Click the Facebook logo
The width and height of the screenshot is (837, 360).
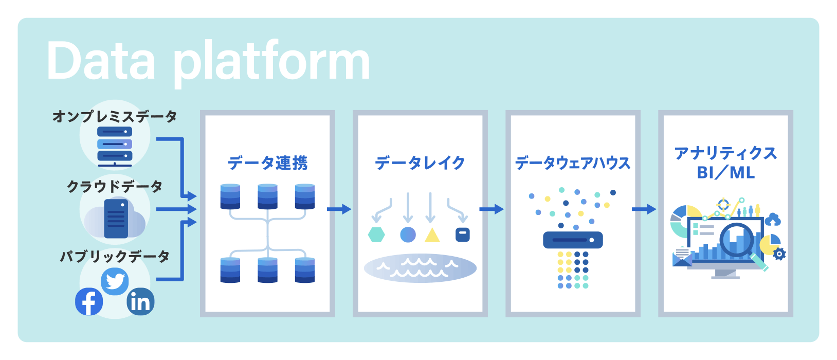89,302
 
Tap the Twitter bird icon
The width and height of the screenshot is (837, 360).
115,281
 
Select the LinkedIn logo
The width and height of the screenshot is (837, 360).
140,302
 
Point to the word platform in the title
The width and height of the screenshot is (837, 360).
272,64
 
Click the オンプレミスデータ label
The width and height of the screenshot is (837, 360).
115,117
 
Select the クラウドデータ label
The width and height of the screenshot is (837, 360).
115,186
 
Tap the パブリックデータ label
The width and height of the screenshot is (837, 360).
115,257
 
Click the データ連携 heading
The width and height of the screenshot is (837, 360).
267,163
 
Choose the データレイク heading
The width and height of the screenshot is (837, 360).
420,163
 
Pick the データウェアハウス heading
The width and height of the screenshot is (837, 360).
573,163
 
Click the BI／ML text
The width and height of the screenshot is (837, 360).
725,173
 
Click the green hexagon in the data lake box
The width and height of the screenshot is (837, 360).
376,235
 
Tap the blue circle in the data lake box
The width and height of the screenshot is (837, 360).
408,235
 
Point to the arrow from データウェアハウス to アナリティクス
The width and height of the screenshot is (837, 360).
644,209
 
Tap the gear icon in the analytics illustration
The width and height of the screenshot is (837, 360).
779,255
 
